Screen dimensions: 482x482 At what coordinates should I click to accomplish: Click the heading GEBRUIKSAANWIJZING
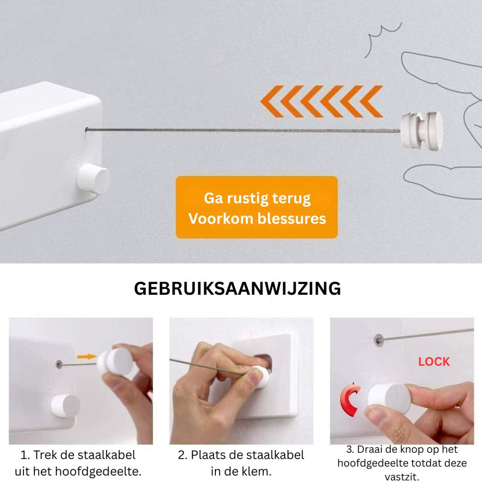(x=237, y=289)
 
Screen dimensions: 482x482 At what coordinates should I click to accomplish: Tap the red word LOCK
(x=434, y=362)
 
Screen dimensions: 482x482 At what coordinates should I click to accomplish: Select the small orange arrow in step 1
(x=86, y=356)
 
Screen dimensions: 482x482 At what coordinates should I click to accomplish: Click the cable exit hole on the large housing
(x=86, y=129)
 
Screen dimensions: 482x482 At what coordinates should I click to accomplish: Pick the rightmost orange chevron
(x=371, y=102)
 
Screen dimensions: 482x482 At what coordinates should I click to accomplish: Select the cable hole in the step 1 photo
(x=59, y=364)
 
